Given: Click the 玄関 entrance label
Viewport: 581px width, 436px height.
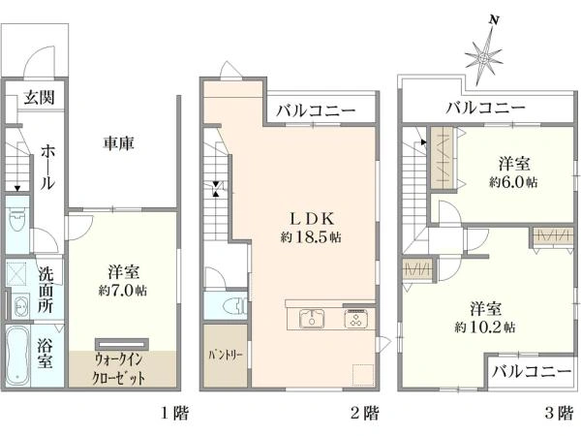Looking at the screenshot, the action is click(x=40, y=97).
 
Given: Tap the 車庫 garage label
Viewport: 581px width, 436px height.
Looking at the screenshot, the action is click(x=118, y=143).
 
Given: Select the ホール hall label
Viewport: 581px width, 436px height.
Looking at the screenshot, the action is click(x=47, y=168).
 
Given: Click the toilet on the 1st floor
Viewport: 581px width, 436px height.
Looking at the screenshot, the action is click(x=16, y=221).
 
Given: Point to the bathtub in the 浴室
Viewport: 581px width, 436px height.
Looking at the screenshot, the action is click(x=17, y=356).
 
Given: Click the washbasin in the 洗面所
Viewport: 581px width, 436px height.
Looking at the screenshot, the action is click(x=20, y=306).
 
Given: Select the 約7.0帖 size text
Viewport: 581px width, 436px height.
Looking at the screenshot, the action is click(x=123, y=290).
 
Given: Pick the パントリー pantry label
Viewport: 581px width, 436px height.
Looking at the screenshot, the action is click(x=226, y=356).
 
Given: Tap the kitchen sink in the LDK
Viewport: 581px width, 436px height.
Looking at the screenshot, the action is click(x=312, y=319).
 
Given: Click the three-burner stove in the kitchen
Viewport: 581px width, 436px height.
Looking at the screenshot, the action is click(x=355, y=319).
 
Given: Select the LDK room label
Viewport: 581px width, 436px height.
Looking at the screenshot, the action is click(x=312, y=219).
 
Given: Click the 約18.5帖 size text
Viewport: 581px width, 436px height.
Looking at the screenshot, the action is click(x=311, y=237).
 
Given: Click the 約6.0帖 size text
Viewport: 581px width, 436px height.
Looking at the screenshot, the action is click(x=513, y=182).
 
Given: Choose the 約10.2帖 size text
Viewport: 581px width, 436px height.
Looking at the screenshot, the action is click(x=485, y=327).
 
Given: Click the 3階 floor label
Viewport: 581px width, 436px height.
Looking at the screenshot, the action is click(x=559, y=413).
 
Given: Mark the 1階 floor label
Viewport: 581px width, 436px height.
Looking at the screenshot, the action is click(x=174, y=413).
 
